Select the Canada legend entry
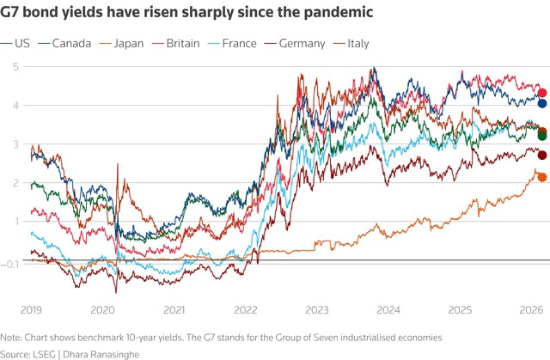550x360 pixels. (x=70, y=44)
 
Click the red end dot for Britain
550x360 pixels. (x=542, y=93)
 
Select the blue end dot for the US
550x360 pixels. (x=542, y=103)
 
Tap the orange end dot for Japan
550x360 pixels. (x=542, y=177)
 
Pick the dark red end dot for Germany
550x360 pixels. (x=542, y=155)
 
